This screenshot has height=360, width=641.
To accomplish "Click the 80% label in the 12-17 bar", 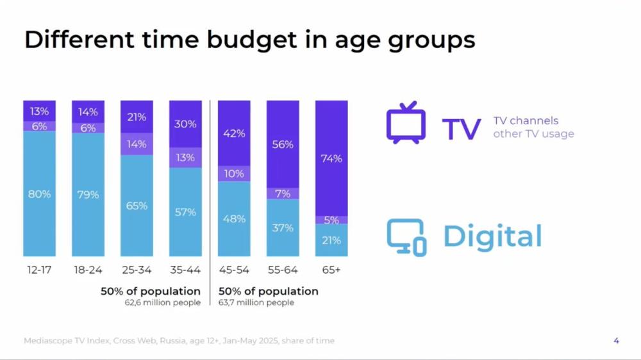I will point(39,194).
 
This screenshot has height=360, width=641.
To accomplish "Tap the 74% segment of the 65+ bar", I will point(331,159).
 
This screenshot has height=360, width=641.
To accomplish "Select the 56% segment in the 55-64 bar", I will point(283,145).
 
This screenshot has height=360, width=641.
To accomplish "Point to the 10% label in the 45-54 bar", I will point(234,174).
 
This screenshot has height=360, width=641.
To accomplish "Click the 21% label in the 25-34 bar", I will point(137,117).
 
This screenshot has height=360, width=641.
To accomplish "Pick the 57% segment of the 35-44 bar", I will point(185,212).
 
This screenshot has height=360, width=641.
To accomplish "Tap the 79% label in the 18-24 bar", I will point(88,194).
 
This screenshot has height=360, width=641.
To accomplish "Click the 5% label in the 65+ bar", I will point(331,220).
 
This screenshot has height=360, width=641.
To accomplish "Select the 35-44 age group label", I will point(185,270).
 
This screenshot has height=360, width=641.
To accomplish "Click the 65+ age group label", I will point(331,270).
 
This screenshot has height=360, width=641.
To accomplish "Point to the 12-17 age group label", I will point(39,270).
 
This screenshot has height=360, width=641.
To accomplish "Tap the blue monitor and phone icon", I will point(406,237).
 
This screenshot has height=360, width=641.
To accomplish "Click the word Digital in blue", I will point(492,236).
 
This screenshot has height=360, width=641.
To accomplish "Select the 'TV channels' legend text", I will point(526,120).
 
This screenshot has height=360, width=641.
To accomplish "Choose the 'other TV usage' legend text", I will point(533,134).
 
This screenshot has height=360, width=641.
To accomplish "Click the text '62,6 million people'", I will point(162,302).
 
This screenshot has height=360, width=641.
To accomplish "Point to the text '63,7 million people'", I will point(256,302).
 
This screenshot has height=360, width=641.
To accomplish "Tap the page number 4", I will point(617,341).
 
